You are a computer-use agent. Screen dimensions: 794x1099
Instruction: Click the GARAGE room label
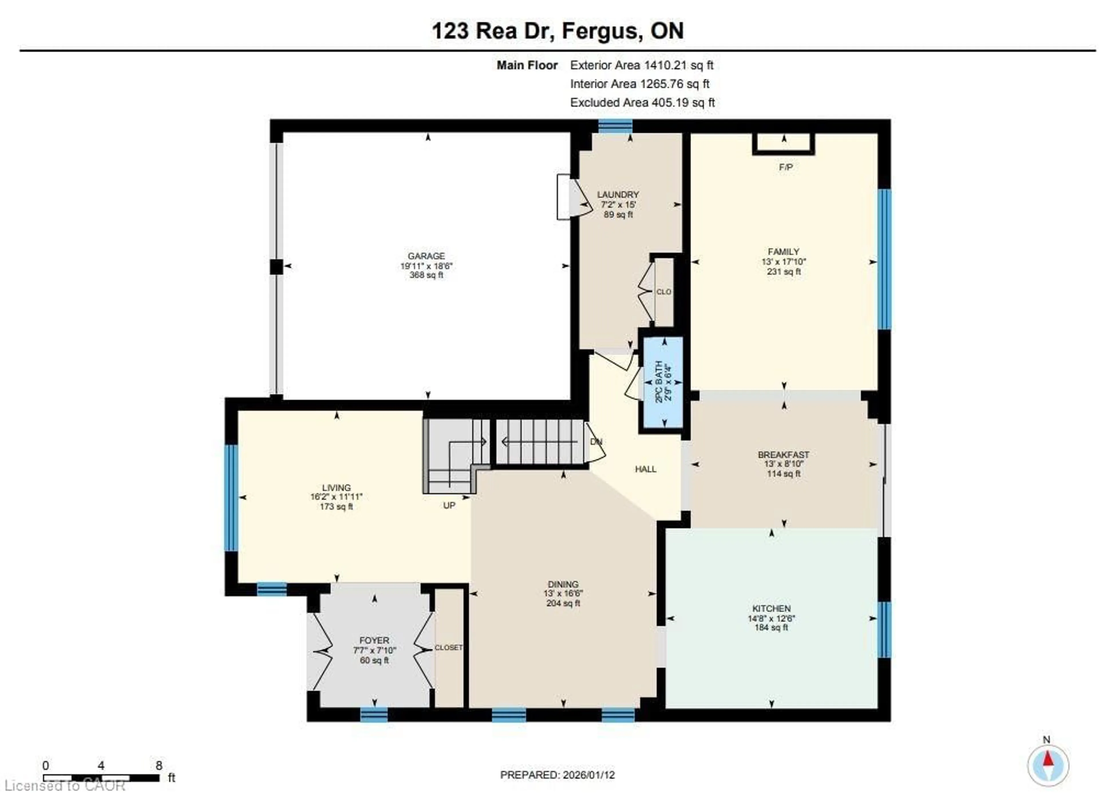pos(426,256)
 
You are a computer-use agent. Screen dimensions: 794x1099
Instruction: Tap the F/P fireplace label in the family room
pos(786,167)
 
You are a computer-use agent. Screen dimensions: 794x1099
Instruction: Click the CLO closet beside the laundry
pos(663,292)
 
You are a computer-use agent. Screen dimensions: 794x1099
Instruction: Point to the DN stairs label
pos(596,442)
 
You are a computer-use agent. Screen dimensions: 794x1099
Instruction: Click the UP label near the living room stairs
pos(449,505)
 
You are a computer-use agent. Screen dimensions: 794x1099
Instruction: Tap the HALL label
pos(645,469)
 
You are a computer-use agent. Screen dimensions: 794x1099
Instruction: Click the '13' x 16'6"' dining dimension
pos(563,593)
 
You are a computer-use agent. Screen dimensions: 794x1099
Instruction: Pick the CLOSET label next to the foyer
pos(448,648)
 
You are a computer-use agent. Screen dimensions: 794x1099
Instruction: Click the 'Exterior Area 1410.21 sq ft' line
pos(642,65)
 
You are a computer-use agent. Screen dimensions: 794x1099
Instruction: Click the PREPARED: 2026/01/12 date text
pos(557,775)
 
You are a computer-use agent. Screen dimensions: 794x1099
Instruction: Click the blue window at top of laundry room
pos(615,126)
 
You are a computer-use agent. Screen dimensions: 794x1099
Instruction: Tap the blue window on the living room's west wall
pos(232,497)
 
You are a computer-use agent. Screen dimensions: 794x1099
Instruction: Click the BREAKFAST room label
pos(784,455)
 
